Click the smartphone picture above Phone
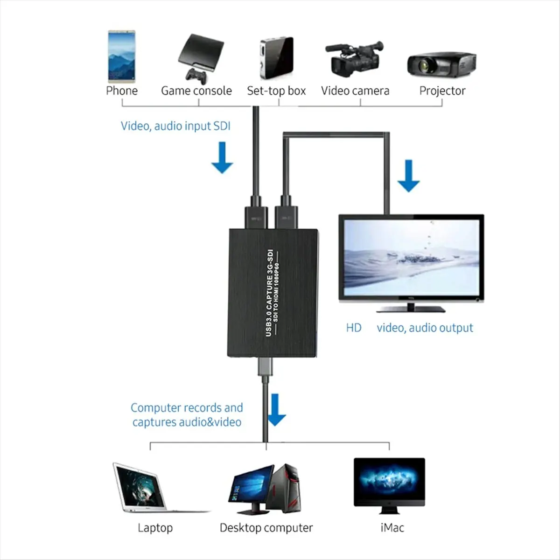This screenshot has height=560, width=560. coord(121,56)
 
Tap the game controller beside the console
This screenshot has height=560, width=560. coord(196,75)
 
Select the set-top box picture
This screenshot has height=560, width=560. coord(276,58)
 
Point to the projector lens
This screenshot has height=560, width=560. coord(426,65)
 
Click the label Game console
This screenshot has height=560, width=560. coord(196,91)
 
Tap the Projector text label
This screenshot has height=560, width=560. coord(442,91)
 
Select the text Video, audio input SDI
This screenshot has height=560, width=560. coord(175,126)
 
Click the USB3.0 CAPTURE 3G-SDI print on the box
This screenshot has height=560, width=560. coord(269,291)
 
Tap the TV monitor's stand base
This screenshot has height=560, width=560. coord(411,309)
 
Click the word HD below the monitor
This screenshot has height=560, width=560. coord(354,328)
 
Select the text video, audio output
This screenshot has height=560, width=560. coord(425,328)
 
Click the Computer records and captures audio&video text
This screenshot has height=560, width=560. coord(187,414)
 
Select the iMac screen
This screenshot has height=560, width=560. coord(389,480)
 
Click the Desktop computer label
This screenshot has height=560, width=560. coord(266,528)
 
